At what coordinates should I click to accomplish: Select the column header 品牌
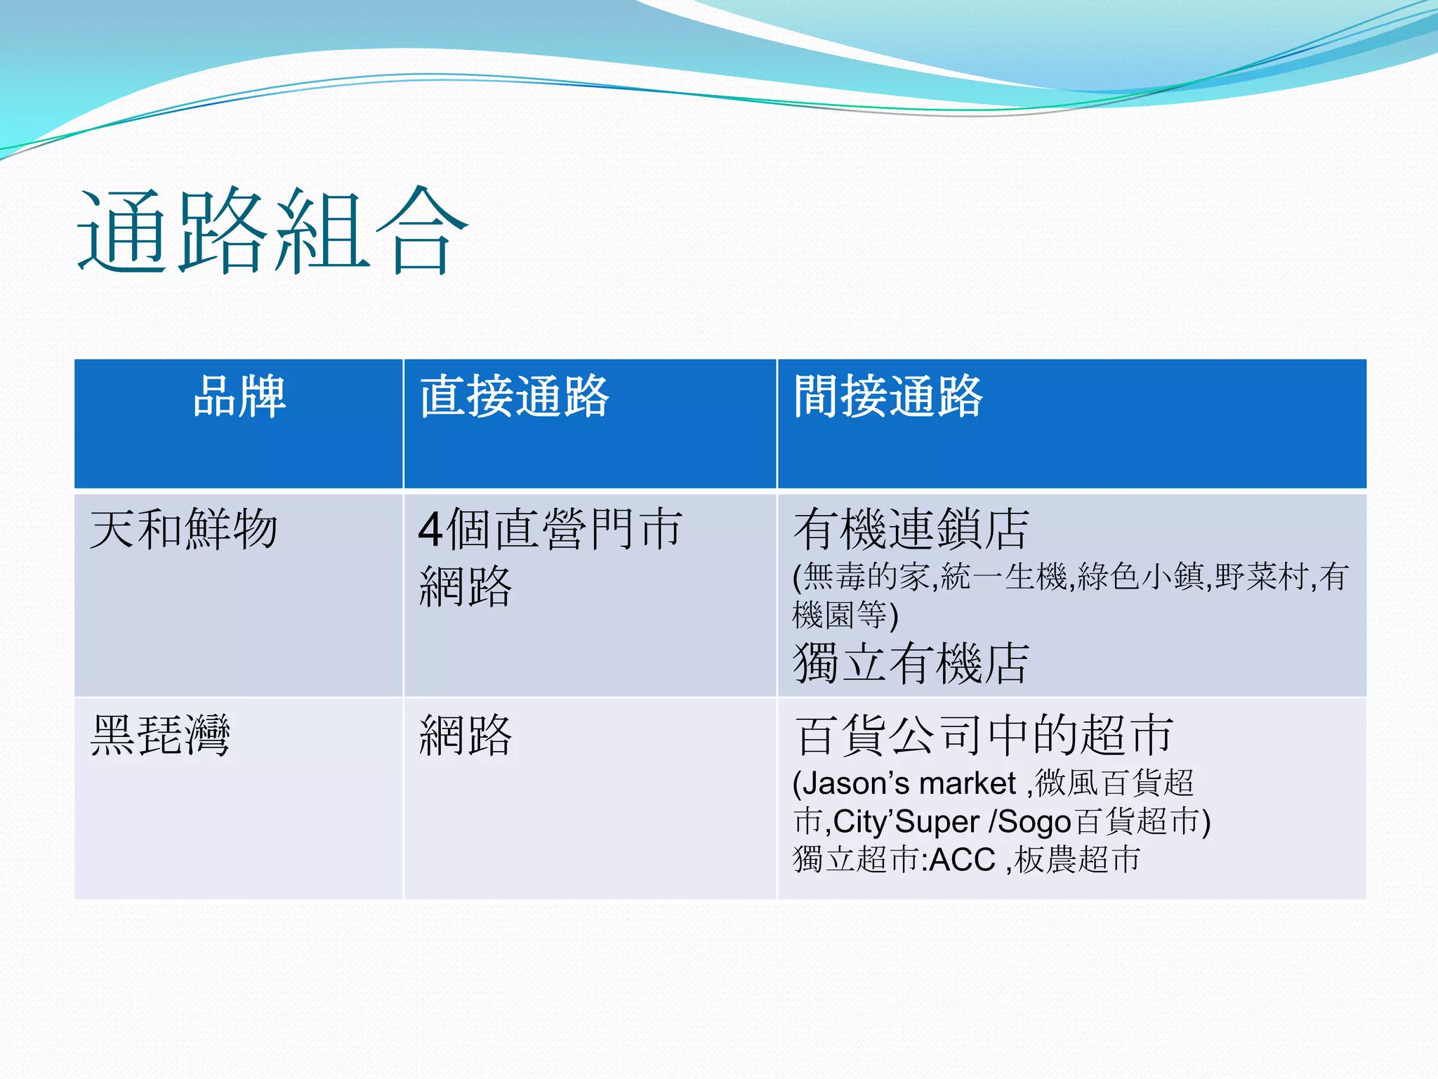pyautogui.click(x=239, y=396)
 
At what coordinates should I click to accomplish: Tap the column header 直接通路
pyautogui.click(x=514, y=396)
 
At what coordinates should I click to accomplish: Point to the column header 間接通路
pyautogui.click(x=888, y=396)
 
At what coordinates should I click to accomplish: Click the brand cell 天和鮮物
pyautogui.click(x=184, y=529)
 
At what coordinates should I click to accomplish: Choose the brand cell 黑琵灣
pyautogui.click(x=160, y=735)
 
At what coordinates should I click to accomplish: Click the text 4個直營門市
pyautogui.click(x=550, y=529)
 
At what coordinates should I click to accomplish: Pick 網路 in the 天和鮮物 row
pyautogui.click(x=466, y=587)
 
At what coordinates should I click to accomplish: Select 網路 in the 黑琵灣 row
pyautogui.click(x=466, y=735)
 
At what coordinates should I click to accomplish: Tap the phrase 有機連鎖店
pyautogui.click(x=911, y=529)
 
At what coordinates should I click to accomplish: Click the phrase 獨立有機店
pyautogui.click(x=911, y=662)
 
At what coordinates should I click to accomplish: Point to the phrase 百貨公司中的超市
pyautogui.click(x=983, y=735)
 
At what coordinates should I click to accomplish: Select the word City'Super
pyautogui.click(x=906, y=822)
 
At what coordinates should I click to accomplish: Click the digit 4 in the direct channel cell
pyautogui.click(x=430, y=530)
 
